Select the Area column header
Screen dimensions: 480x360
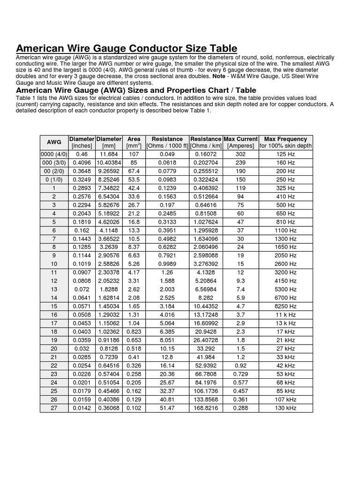[134, 139]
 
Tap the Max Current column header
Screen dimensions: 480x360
[240, 139]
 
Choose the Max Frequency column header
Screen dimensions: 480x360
[285, 139]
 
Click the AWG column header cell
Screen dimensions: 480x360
[54, 142]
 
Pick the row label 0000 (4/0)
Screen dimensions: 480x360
[54, 153]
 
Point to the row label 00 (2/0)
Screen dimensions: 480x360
[54, 171]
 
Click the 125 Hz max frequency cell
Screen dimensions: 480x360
[285, 153]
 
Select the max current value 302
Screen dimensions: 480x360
[240, 153]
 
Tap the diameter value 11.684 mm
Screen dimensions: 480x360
[109, 153]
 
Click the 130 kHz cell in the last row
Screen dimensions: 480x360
[285, 408]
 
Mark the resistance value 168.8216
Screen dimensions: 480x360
[205, 408]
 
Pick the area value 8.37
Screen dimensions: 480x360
[134, 247]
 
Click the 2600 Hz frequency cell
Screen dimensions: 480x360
[285, 264]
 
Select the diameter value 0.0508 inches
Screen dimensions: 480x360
[82, 314]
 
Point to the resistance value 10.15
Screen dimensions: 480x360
[167, 349]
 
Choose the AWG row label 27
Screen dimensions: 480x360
[54, 408]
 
